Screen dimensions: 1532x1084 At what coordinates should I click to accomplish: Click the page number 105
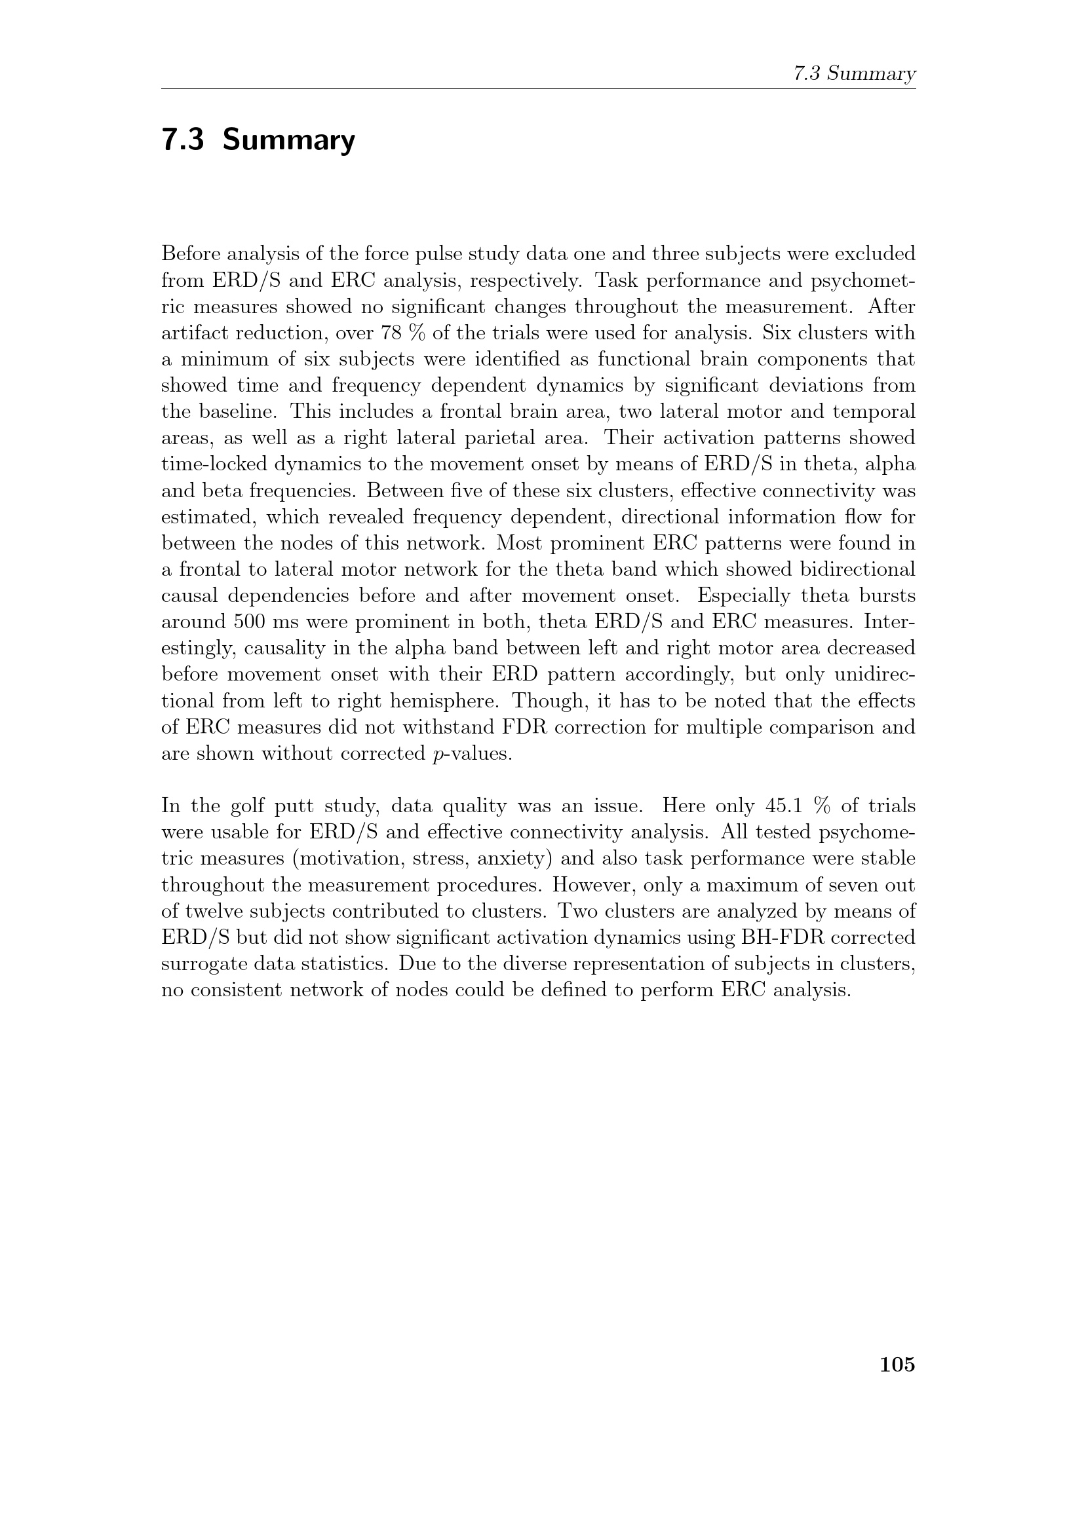coord(897,1364)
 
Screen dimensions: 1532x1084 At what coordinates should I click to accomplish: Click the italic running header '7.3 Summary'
coord(855,73)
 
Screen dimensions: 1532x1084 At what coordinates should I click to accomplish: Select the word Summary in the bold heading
coord(288,140)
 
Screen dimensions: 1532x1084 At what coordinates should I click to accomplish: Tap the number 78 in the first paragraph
coord(393,333)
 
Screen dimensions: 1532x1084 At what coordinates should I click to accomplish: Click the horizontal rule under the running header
coord(538,88)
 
